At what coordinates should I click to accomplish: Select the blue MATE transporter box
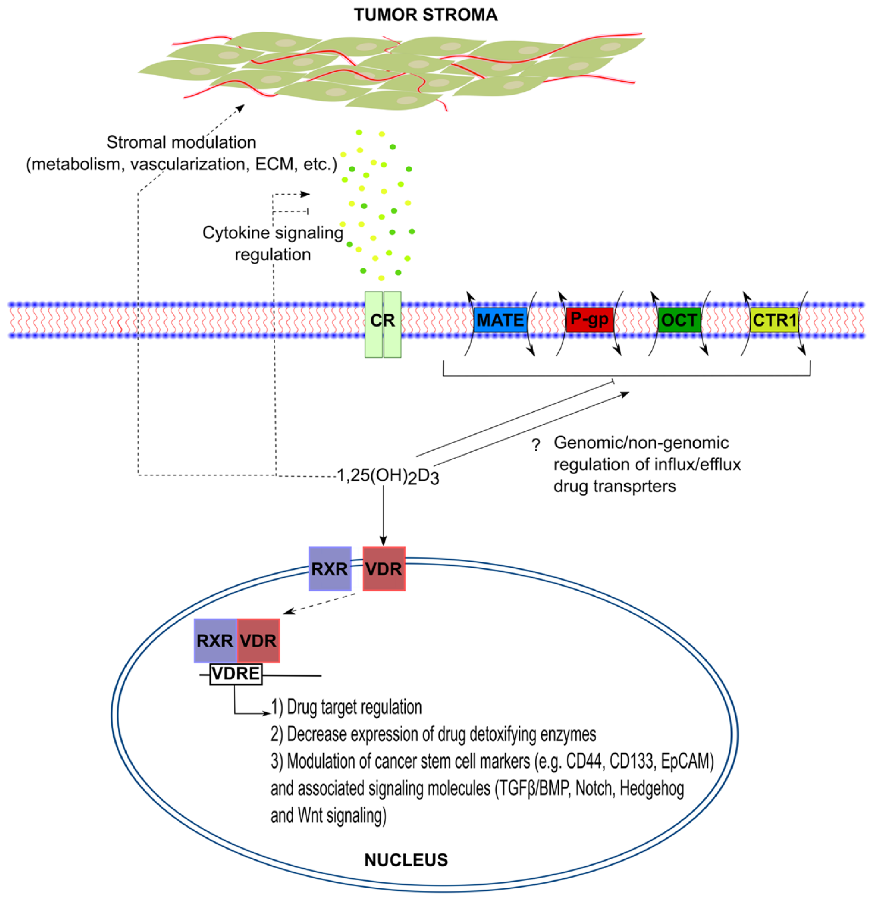[500, 320]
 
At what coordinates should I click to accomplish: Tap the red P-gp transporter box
[589, 319]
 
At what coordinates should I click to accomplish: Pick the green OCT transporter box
[679, 320]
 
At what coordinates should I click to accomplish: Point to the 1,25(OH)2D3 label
[388, 476]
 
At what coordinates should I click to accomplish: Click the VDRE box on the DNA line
[236, 674]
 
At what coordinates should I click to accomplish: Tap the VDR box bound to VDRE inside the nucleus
[258, 641]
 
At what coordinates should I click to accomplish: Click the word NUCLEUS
[406, 860]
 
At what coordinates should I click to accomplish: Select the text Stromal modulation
[181, 142]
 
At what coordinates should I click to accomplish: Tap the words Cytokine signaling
[273, 233]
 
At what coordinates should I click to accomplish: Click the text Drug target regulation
[354, 708]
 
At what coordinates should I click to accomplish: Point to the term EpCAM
[687, 761]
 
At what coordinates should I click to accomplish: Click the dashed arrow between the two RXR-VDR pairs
[319, 603]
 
